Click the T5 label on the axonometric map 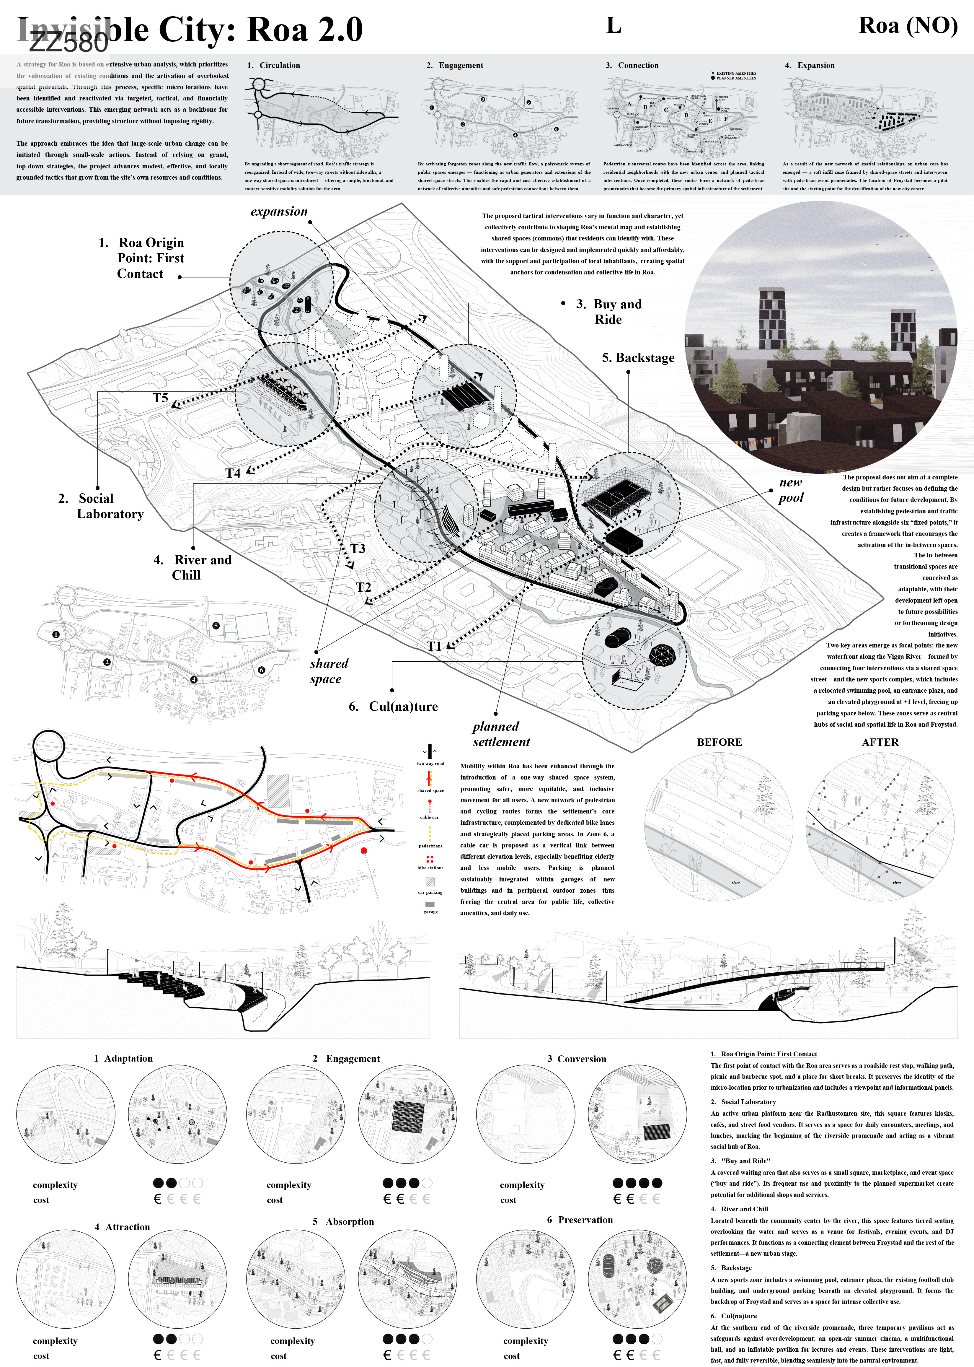[x=160, y=398]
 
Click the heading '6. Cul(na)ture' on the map [x=394, y=706]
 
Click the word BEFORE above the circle [x=719, y=742]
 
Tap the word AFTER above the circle [x=880, y=742]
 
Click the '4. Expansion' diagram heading [x=810, y=65]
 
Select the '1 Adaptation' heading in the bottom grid [x=123, y=1059]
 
